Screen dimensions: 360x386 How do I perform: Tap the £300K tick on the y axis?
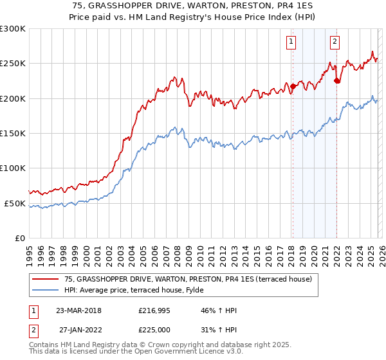pos(13,29)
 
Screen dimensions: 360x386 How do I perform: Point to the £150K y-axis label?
pos(13,134)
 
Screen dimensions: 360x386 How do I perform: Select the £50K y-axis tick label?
pos(15,203)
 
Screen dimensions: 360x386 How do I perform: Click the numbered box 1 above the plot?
pos(291,42)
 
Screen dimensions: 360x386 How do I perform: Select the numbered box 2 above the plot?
pos(335,42)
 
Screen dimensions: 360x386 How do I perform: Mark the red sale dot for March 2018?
pos(292,86)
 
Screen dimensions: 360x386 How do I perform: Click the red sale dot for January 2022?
pos(336,80)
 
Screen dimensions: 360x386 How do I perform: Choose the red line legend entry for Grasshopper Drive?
pos(188,279)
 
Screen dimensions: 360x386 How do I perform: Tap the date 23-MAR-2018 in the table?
pos(78,310)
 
